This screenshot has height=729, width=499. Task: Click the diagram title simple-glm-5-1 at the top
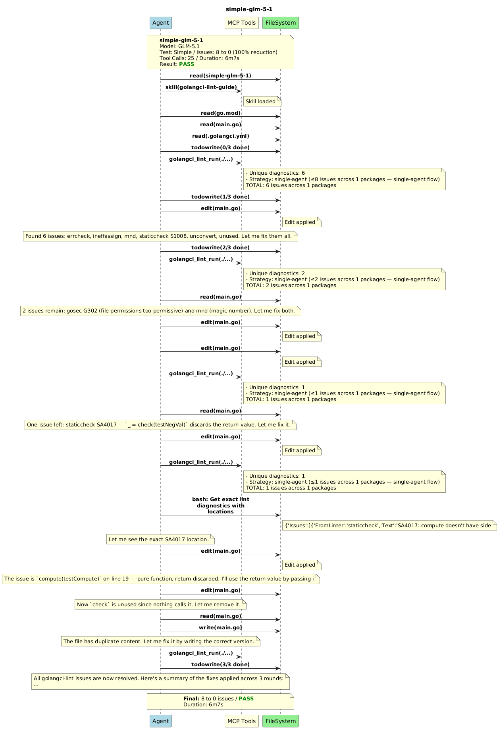tap(249, 9)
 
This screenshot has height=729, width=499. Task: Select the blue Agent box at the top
tap(160, 23)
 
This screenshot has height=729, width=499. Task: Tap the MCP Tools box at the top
tap(241, 23)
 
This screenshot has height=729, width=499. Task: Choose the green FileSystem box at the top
tap(280, 23)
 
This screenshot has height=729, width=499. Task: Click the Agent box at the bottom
tap(160, 721)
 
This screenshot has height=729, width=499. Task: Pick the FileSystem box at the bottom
tap(280, 721)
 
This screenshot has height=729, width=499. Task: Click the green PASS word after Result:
tap(187, 64)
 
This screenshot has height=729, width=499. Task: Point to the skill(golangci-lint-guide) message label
tap(201, 87)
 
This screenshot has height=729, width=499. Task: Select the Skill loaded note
tap(262, 102)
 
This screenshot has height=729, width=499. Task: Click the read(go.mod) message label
tap(220, 113)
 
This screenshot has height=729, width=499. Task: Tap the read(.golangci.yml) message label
tap(220, 136)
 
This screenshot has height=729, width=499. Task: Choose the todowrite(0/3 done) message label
tap(220, 148)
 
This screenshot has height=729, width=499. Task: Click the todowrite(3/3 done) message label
tap(220, 664)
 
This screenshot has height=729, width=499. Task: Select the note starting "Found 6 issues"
tap(160, 236)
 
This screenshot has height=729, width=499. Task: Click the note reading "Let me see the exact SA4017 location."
tap(160, 539)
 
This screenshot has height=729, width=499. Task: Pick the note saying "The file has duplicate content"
tap(160, 641)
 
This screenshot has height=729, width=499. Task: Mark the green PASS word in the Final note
tap(246, 698)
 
